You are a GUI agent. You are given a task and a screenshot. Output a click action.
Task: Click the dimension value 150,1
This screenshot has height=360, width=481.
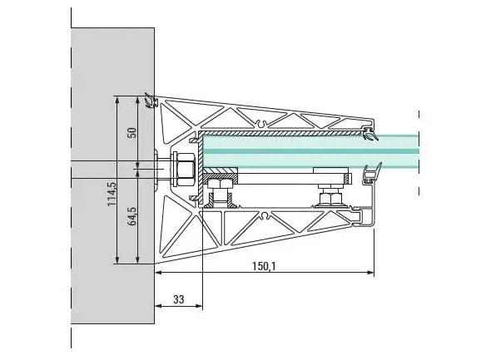click(x=264, y=266)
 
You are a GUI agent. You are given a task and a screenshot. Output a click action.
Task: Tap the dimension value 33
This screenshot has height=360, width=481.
click(x=179, y=299)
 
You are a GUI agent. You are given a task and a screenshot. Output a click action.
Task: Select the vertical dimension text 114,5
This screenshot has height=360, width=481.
click(x=112, y=194)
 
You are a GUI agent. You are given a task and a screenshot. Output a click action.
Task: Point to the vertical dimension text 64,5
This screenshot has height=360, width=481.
click(x=132, y=216)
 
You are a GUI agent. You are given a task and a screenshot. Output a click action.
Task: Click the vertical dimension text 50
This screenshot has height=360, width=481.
click(x=132, y=133)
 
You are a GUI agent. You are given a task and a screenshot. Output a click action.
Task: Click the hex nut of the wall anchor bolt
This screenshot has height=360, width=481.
click(x=186, y=170)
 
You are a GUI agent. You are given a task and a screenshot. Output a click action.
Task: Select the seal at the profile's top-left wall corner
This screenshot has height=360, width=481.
click(x=151, y=101)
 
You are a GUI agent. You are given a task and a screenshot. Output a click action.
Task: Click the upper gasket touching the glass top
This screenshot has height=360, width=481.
click(x=369, y=134)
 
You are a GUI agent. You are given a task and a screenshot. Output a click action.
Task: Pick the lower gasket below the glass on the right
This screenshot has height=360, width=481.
click(x=372, y=174)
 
